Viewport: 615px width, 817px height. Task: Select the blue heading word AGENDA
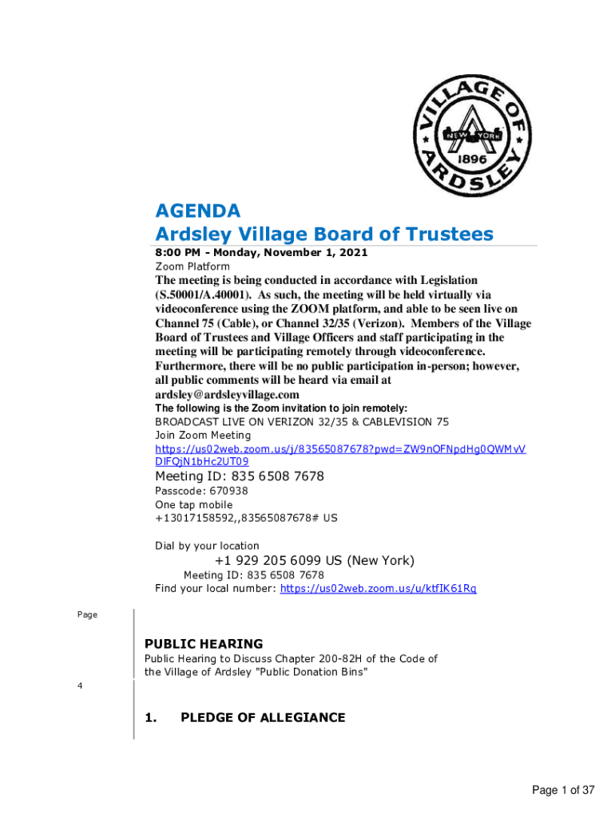point(197,211)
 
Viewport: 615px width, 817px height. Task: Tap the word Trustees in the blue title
point(448,234)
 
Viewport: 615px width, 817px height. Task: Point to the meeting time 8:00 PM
point(177,253)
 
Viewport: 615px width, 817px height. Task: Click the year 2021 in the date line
point(353,253)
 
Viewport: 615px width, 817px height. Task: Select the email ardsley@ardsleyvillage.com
point(228,395)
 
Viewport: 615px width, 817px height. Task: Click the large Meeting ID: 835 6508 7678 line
point(240,476)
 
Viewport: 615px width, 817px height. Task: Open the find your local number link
point(379,589)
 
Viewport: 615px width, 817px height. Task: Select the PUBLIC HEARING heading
point(203,644)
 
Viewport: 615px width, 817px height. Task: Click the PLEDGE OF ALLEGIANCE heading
point(263,717)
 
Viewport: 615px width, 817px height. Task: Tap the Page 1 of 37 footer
point(563,791)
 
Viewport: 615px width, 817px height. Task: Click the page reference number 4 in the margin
point(80,685)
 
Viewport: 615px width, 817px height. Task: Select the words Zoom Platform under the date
point(192,266)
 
